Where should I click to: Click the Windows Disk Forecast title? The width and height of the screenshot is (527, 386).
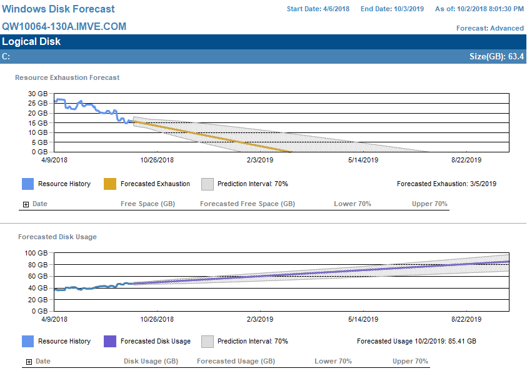point(59,9)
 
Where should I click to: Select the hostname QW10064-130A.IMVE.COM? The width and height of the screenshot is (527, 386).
point(64,27)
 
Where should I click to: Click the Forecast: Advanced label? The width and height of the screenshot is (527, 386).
point(489,28)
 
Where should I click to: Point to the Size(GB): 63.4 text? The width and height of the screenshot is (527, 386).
point(496,57)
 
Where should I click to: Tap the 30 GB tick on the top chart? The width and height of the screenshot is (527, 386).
point(38,94)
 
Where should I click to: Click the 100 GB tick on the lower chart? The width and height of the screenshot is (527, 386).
point(35,253)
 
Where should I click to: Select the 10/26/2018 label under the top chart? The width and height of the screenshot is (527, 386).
point(157,161)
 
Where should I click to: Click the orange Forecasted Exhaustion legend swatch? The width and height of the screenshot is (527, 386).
point(110,184)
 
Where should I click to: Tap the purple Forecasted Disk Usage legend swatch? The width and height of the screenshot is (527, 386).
point(110,341)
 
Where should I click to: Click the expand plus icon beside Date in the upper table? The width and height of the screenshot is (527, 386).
point(26,204)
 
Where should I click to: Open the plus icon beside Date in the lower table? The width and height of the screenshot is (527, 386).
point(29,362)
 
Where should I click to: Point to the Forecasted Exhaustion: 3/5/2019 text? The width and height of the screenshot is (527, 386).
point(447,184)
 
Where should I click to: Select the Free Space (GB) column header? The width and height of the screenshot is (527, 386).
point(148,204)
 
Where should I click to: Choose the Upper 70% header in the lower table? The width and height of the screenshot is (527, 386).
point(410,361)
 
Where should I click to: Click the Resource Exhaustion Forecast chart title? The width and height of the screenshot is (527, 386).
point(68,77)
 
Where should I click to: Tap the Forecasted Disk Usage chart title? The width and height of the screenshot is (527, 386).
point(58,237)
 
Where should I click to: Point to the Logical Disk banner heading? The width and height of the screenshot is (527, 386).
point(31,42)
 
